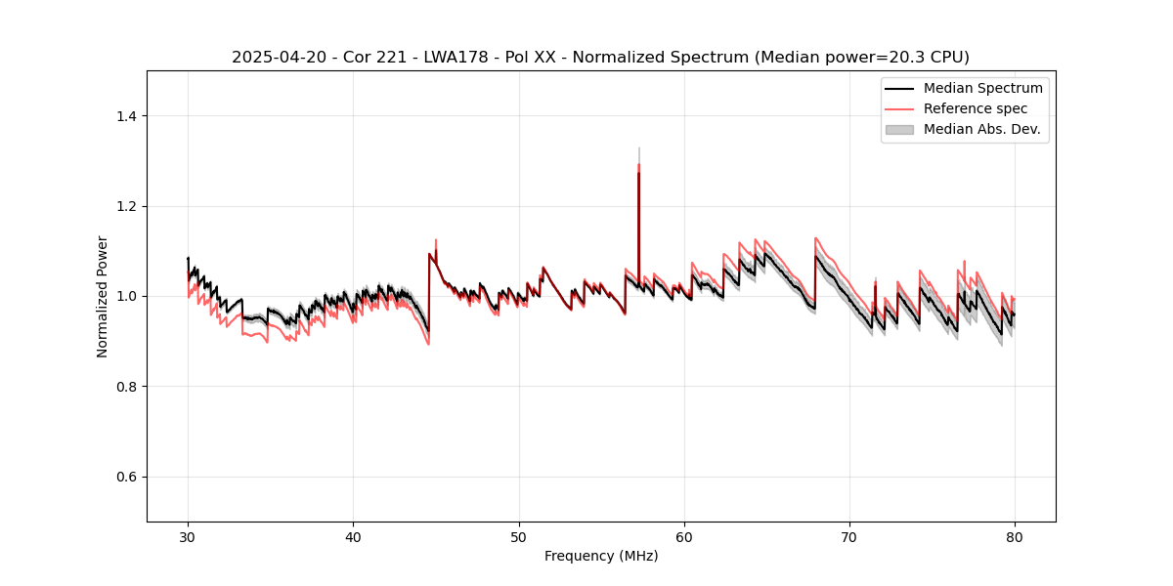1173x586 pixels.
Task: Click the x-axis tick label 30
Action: (189, 536)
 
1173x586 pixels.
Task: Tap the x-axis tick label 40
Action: (354, 536)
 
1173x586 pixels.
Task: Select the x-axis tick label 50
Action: (519, 536)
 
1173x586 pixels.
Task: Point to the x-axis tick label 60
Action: (684, 536)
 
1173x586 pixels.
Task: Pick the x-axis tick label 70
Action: (849, 536)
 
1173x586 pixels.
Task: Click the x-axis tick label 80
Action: (1015, 536)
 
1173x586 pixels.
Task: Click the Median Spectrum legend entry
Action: (982, 88)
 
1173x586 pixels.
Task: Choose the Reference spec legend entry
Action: (976, 108)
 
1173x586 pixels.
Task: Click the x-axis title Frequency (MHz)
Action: (601, 556)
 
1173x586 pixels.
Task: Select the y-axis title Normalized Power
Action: (103, 296)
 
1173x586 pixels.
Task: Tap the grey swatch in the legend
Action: (899, 129)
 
